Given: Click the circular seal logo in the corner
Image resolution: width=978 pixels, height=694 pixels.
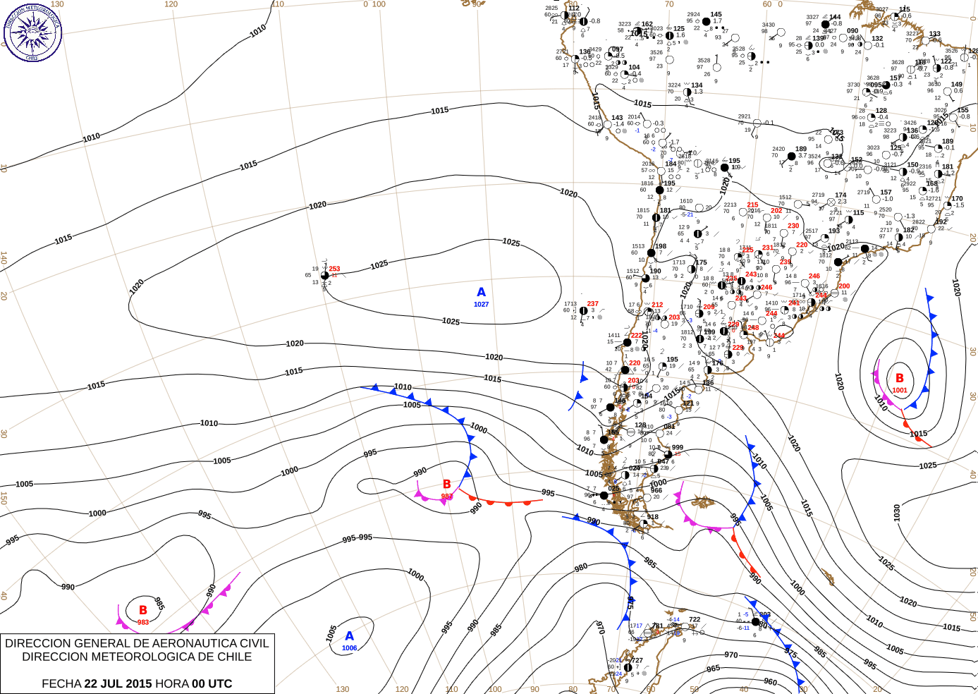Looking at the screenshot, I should [x=32, y=32].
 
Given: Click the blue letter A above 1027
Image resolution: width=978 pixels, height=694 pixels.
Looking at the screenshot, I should [x=481, y=292].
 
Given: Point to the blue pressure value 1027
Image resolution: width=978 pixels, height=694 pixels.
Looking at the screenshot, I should [x=481, y=305].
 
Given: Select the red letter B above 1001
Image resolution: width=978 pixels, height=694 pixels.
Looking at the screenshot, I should [x=900, y=378].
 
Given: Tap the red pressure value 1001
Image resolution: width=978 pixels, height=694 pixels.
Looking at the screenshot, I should [x=900, y=390].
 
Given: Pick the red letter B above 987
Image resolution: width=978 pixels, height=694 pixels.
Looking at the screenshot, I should [x=446, y=484].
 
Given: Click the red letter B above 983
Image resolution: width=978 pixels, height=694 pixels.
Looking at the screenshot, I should [x=143, y=610].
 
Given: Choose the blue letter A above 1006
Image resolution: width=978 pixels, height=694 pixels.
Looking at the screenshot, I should [x=349, y=636].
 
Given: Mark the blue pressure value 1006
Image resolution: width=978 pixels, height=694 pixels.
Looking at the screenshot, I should [x=349, y=648].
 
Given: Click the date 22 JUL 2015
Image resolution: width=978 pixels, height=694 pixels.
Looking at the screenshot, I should [x=118, y=683].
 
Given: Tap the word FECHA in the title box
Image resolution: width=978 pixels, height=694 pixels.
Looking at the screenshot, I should [x=61, y=683].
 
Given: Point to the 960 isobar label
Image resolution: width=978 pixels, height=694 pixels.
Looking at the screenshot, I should [x=770, y=682].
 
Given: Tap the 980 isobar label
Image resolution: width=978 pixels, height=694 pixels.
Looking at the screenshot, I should [x=581, y=567].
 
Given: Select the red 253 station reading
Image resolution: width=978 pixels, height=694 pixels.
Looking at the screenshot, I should [x=334, y=269].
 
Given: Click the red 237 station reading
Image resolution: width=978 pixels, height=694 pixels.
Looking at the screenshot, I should [x=592, y=304].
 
